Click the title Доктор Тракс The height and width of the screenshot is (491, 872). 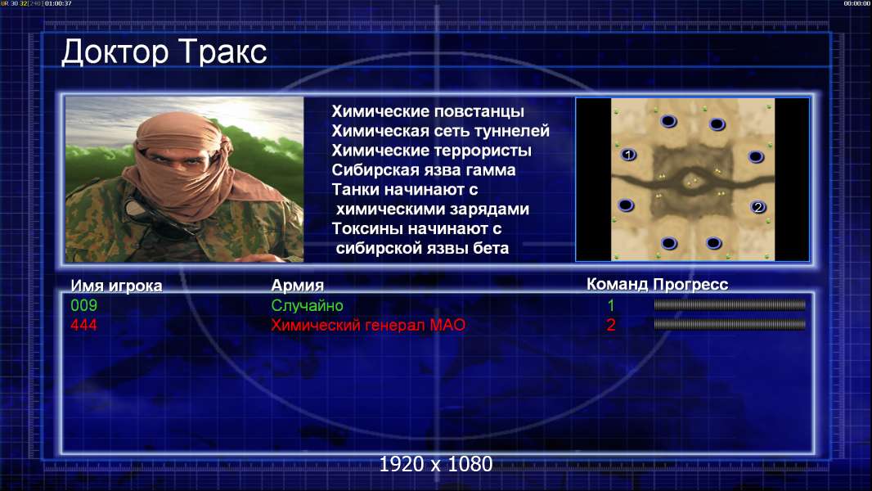click(164, 52)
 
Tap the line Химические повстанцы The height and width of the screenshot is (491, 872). click(428, 111)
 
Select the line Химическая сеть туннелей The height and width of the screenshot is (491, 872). click(440, 131)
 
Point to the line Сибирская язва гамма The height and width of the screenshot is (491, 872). click(423, 169)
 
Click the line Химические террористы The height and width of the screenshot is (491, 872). click(432, 151)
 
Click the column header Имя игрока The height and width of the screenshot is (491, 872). click(116, 286)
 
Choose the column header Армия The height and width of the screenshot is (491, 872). click(297, 286)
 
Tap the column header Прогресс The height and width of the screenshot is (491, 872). click(690, 284)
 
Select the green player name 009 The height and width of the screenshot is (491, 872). click(84, 305)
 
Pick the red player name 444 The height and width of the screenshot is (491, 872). click(84, 325)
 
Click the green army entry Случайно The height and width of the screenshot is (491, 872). click(307, 305)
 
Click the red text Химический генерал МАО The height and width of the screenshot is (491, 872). click(368, 325)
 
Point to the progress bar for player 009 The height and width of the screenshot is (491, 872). click(730, 304)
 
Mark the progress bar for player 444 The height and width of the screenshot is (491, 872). click(730, 324)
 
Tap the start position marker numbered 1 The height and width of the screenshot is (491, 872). click(628, 155)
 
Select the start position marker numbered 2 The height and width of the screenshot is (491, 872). click(757, 207)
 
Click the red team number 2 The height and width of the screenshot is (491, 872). click(610, 325)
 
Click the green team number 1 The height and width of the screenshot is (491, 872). click(610, 305)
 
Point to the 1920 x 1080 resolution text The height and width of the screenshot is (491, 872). click(435, 464)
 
